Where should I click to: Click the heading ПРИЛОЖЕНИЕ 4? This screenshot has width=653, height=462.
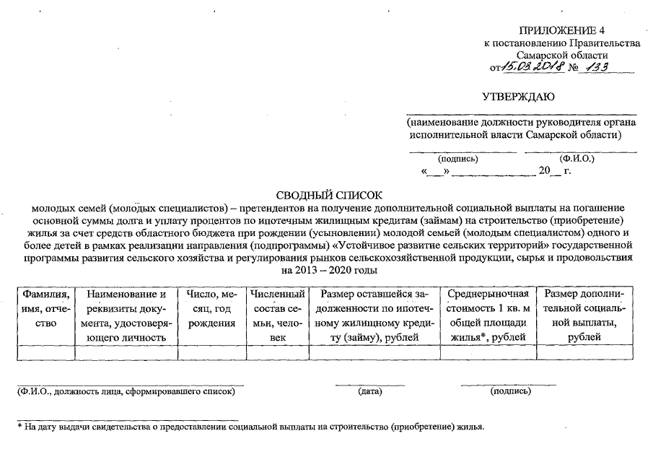(x=561, y=30)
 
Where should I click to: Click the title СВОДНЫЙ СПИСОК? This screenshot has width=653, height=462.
(x=328, y=195)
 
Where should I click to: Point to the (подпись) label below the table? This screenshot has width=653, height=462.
(x=510, y=391)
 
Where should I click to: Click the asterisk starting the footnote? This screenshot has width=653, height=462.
(x=20, y=426)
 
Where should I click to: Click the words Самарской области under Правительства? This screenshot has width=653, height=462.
(x=562, y=55)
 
